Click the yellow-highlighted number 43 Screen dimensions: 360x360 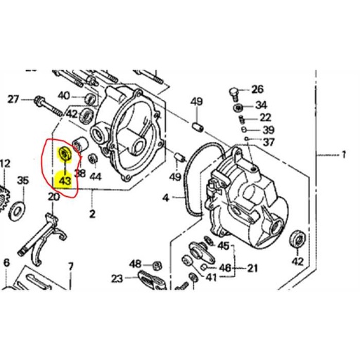[x=65, y=181]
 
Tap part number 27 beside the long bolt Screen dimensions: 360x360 [x=13, y=100]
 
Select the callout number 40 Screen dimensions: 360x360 [x=63, y=96]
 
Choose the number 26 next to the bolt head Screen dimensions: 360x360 [x=257, y=89]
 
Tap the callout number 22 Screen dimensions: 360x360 [x=265, y=117]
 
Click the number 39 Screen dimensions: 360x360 [x=267, y=130]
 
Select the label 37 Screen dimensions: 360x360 [x=268, y=142]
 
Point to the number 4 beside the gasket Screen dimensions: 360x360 [x=166, y=199]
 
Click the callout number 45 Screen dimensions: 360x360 [x=224, y=245]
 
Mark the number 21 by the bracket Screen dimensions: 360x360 [x=251, y=268]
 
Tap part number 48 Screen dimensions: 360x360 [x=135, y=264]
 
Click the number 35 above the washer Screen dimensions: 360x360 [x=22, y=181]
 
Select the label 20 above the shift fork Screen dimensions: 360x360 [x=53, y=197]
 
